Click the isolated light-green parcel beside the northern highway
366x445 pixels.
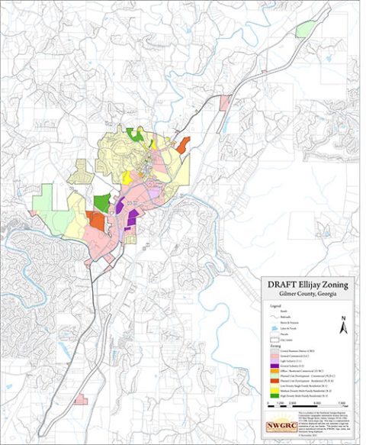pos(304,29)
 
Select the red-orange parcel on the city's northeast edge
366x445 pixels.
pos(182,144)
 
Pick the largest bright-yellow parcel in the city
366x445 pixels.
pos(127,176)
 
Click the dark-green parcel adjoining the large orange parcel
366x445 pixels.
pos(101,203)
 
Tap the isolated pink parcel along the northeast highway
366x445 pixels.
pos(224,103)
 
